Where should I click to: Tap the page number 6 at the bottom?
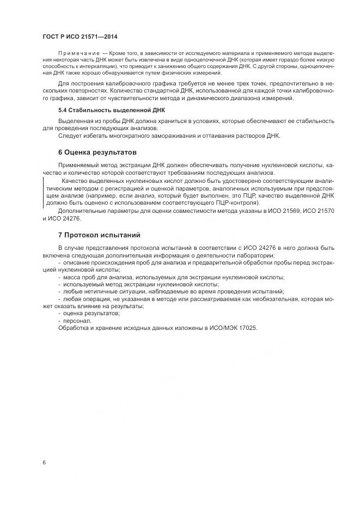pyautogui.click(x=44, y=462)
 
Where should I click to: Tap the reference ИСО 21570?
pyautogui.click(x=312, y=210)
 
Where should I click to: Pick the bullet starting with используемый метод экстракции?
pyautogui.click(x=142, y=284)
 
